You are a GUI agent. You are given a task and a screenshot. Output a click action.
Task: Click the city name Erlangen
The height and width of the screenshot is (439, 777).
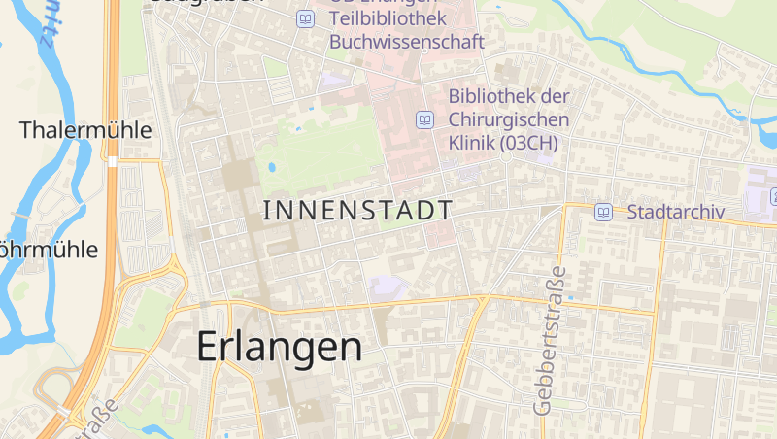[280, 347]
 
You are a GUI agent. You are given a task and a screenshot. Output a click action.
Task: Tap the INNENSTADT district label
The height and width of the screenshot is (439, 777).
[357, 210]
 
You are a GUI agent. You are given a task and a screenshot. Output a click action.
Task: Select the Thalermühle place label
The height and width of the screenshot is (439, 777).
[85, 129]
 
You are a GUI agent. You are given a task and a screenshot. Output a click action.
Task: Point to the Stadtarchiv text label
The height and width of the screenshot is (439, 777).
[677, 211]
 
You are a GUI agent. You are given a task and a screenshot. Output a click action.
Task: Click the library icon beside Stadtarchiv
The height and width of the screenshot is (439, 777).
[603, 211]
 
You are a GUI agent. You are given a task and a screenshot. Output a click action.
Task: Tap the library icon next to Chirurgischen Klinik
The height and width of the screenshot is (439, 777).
[423, 120]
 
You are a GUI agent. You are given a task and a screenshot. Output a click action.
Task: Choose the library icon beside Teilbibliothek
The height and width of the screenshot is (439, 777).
[306, 18]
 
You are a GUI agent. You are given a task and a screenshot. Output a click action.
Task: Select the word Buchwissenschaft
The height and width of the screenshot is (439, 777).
[406, 42]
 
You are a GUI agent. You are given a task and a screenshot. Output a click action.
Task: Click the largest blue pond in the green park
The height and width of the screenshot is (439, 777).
[271, 167]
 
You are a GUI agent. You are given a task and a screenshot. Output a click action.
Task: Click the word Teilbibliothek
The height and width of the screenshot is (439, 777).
[388, 18]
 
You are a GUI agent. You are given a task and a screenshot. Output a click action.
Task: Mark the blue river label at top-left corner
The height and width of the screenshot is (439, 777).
[46, 29]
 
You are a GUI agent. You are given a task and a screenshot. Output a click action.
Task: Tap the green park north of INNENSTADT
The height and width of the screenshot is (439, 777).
[321, 151]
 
